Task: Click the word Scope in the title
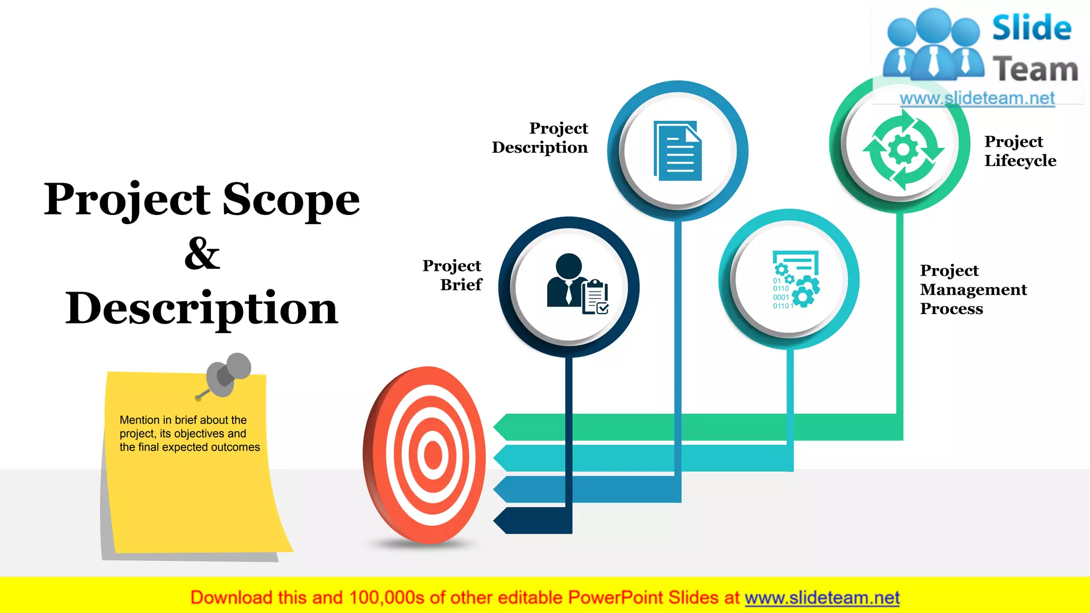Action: [x=291, y=200]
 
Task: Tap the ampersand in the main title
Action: [x=202, y=254]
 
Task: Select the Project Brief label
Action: [x=452, y=275]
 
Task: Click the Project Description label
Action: [x=540, y=138]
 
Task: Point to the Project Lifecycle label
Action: [x=1020, y=151]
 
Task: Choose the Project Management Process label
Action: [x=973, y=289]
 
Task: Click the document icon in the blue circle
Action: [x=678, y=151]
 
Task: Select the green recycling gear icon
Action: [x=903, y=149]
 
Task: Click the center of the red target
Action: [x=432, y=455]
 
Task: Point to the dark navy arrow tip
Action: [x=500, y=520]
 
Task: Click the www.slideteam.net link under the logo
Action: [x=977, y=98]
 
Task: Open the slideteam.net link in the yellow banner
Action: [x=822, y=598]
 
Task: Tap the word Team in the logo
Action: [x=1035, y=70]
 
